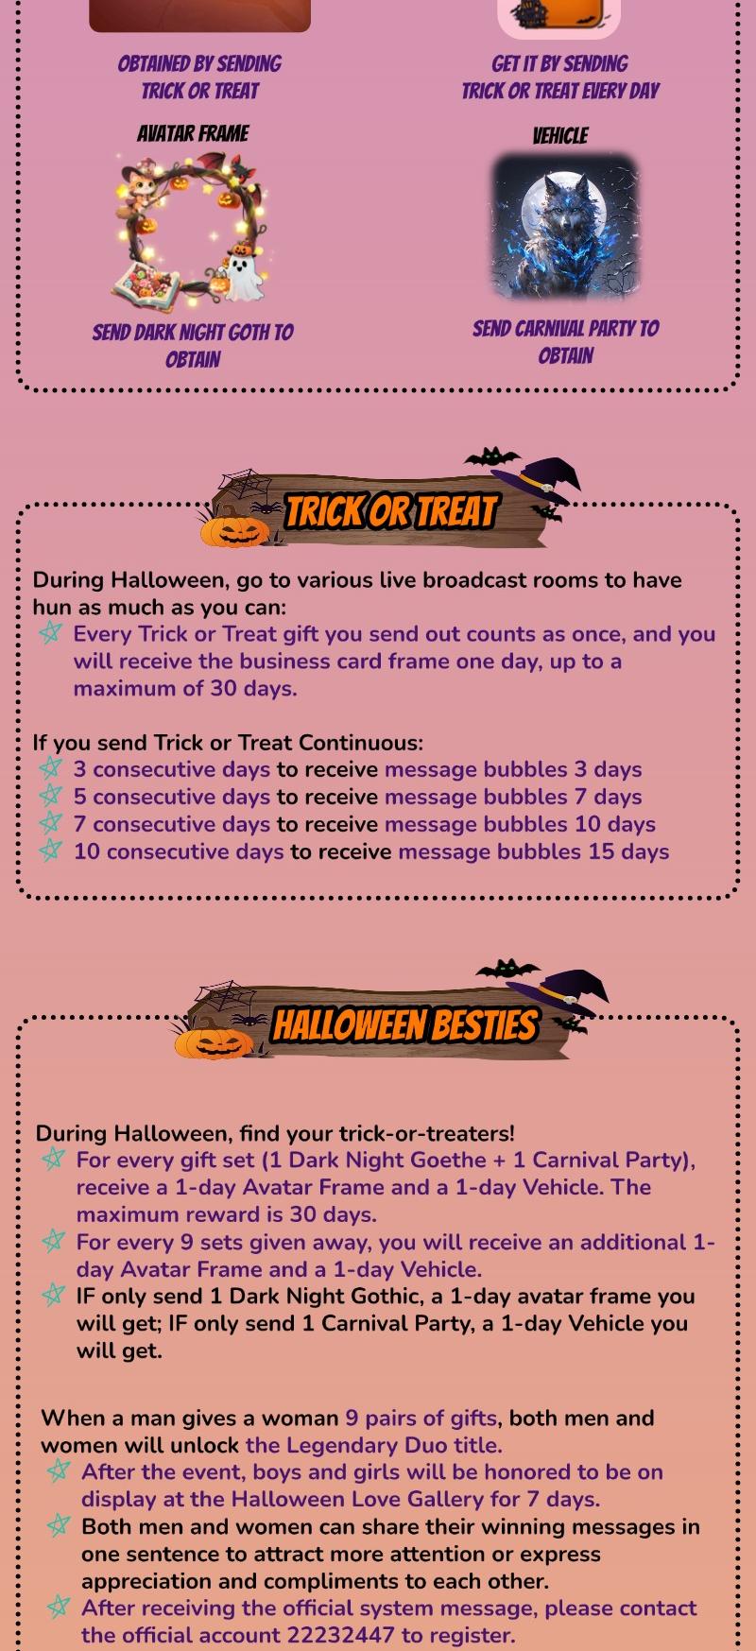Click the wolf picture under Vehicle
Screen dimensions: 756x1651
(565, 227)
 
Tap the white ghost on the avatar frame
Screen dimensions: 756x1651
(245, 271)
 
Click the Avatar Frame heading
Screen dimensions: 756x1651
(193, 133)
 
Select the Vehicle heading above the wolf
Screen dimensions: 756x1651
(560, 136)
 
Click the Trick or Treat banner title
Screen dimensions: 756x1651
(390, 511)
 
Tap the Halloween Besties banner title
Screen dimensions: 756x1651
(404, 1025)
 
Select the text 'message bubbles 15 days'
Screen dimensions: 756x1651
(534, 851)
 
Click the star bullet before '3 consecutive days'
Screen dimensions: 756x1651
(51, 768)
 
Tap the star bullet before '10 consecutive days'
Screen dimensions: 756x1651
(51, 851)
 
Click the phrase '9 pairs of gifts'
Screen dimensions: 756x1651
(421, 1419)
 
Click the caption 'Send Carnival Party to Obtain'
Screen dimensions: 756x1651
(565, 342)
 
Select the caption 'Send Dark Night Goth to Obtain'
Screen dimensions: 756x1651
(193, 346)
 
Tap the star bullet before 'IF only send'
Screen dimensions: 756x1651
(54, 1295)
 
